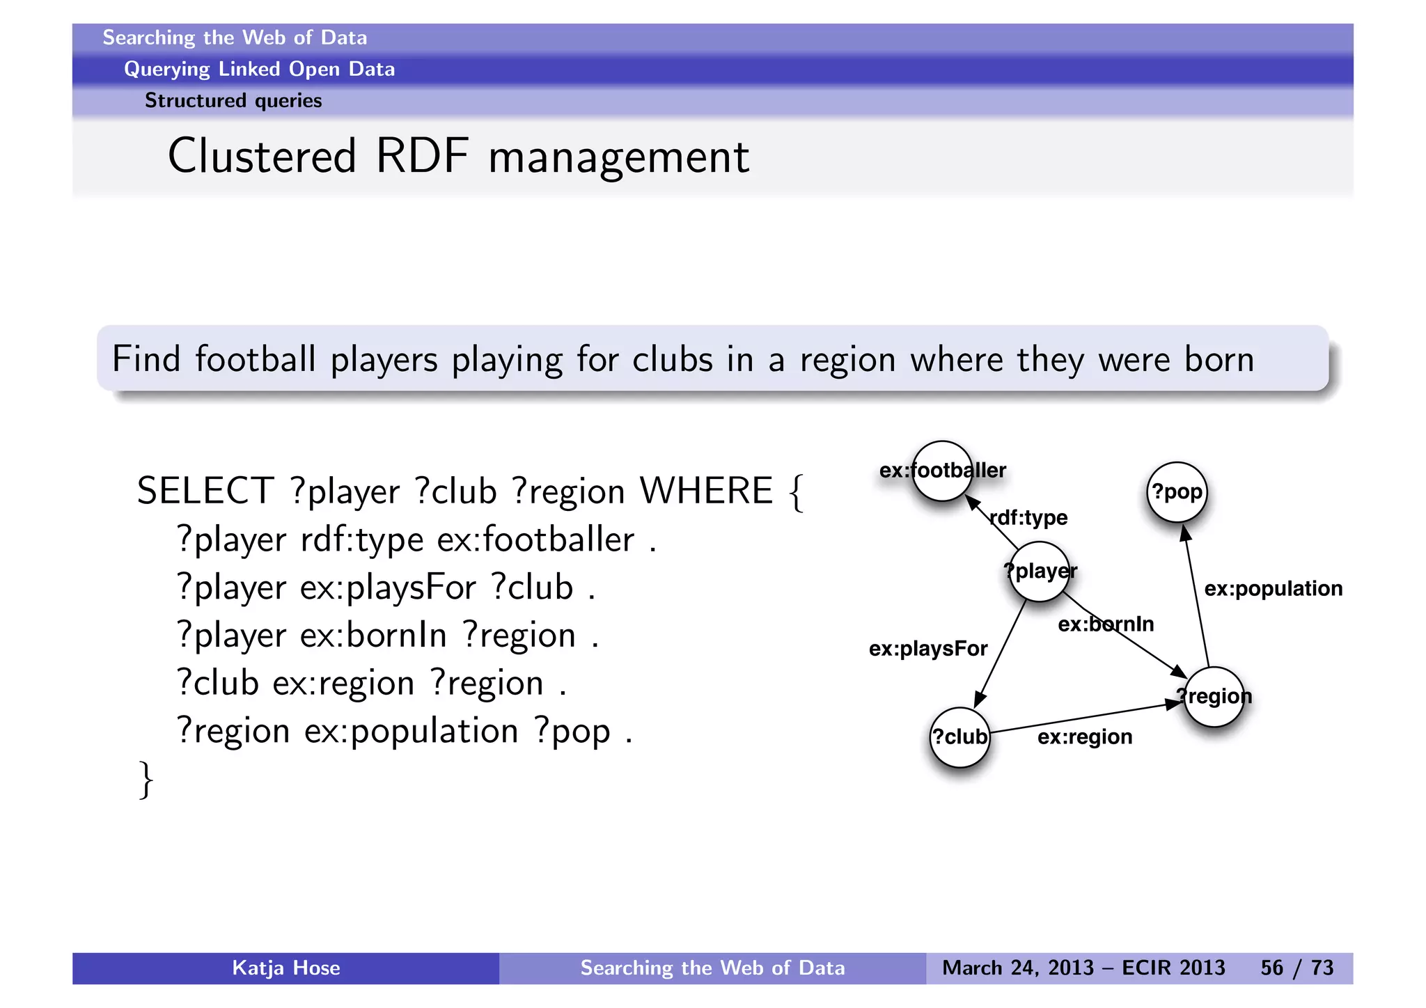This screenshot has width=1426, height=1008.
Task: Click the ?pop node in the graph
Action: pyautogui.click(x=1177, y=492)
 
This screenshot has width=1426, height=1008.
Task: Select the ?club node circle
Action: pyautogui.click(x=959, y=737)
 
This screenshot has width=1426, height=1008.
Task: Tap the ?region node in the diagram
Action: pyautogui.click(x=1214, y=696)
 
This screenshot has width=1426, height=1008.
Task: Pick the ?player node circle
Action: pyautogui.click(x=1039, y=572)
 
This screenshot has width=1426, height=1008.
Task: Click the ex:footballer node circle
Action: pyautogui.click(x=942, y=471)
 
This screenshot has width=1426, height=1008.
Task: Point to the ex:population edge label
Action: pyautogui.click(x=1273, y=589)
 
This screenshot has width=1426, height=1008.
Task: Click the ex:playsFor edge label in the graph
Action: pyautogui.click(x=927, y=649)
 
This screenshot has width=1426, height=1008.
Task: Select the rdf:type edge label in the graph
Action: pyautogui.click(x=1029, y=518)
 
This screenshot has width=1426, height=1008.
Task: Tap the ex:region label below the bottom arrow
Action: pyautogui.click(x=1084, y=737)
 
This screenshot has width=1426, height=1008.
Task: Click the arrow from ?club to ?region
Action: pyautogui.click(x=1086, y=717)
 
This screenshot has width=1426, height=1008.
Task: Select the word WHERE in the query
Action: pyautogui.click(x=706, y=491)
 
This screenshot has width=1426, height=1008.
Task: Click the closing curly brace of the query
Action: pyautogui.click(x=146, y=780)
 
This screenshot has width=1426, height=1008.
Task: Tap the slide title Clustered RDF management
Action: pyautogui.click(x=458, y=157)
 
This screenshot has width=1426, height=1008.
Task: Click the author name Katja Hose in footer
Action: pyautogui.click(x=285, y=968)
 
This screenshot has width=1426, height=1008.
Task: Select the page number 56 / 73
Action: pyautogui.click(x=1296, y=968)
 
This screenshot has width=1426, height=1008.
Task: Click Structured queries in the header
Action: pyautogui.click(x=233, y=101)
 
